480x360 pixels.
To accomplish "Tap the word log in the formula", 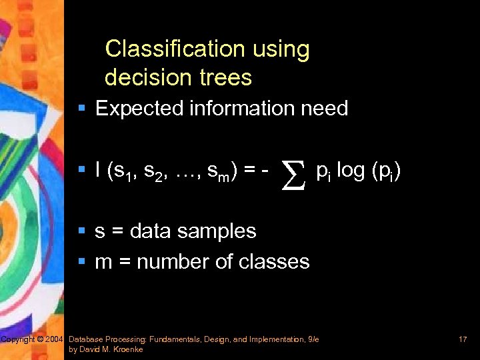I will pyautogui.click(x=350, y=171).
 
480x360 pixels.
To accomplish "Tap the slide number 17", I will pyautogui.click(x=463, y=340).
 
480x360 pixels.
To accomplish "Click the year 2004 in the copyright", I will pyautogui.click(x=55, y=340).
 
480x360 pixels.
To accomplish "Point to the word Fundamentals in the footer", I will pyautogui.click(x=178, y=340).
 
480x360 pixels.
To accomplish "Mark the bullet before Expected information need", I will pyautogui.click(x=82, y=109).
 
